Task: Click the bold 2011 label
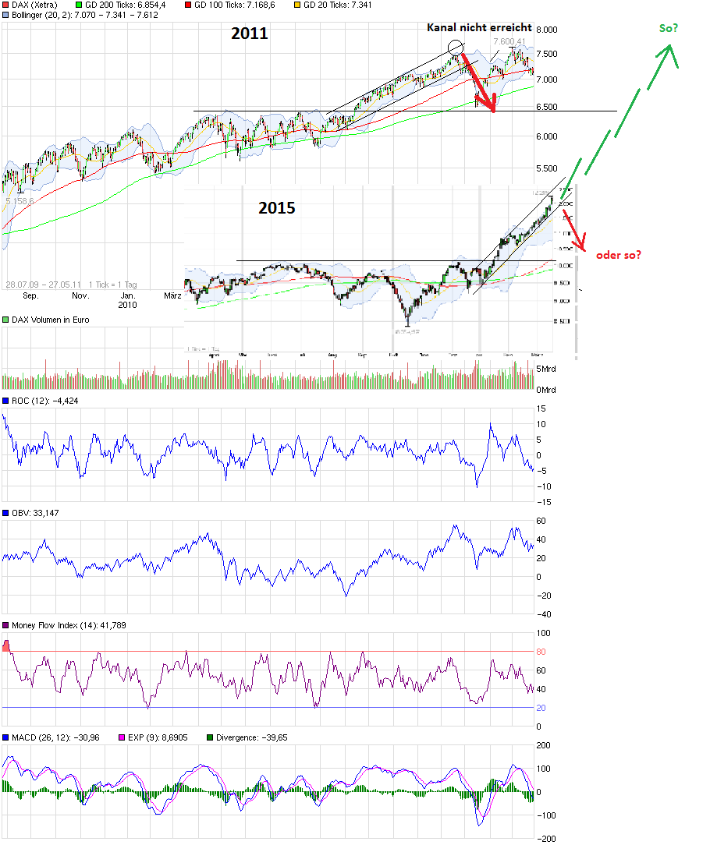click(x=250, y=34)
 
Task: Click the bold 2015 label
click(x=277, y=208)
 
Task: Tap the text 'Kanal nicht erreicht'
click(x=479, y=27)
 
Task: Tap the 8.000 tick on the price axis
click(x=548, y=30)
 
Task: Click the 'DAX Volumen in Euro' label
click(x=50, y=320)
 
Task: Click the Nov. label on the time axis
click(x=80, y=296)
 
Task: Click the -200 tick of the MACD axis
click(x=548, y=839)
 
